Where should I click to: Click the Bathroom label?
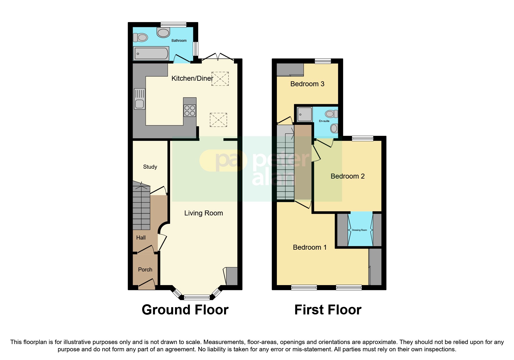point(179,41)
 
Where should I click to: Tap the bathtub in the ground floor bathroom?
point(151,54)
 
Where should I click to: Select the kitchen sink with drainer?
point(140,99)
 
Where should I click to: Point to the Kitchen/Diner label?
point(192,78)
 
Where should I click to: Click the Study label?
point(150,167)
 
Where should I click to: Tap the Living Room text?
point(203,213)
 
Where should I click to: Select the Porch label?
point(145,270)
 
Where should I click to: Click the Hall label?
point(141,238)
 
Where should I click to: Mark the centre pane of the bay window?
point(197,297)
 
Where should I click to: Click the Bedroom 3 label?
point(307,84)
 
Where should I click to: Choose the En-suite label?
point(324,121)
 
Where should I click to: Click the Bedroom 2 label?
point(347,176)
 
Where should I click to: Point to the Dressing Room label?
point(359,230)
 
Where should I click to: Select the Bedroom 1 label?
point(310,247)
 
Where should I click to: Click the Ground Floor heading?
point(185,310)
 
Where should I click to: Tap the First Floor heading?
point(328,310)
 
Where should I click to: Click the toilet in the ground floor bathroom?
point(141,37)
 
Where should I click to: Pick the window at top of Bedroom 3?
point(323,61)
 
